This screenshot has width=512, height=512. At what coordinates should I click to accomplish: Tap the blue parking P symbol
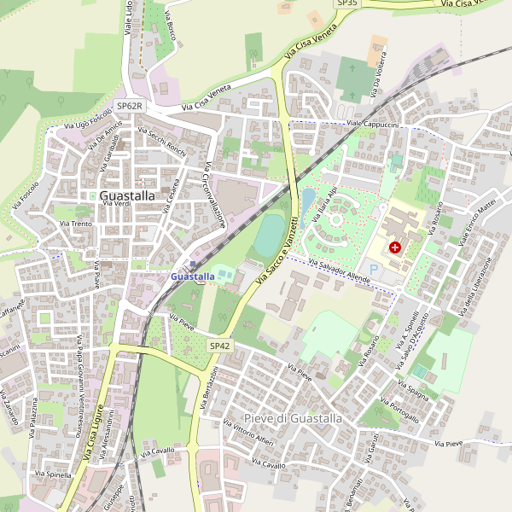[373, 268]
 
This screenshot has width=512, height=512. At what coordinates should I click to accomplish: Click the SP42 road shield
[219, 346]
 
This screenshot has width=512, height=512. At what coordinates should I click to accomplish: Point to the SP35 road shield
[347, 3]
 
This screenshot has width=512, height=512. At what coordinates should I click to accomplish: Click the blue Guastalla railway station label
[193, 276]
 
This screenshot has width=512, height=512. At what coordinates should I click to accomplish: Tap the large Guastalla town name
[127, 195]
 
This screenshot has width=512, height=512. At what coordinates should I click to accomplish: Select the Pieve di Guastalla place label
[293, 418]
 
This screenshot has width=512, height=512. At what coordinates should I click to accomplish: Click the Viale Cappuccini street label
[374, 125]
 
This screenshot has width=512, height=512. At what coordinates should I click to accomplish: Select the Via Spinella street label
[53, 474]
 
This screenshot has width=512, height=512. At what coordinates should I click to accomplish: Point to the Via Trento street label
[75, 224]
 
